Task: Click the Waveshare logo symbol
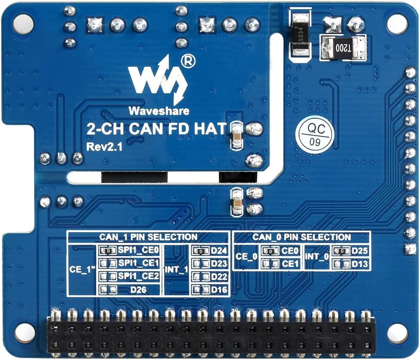tap(158, 80)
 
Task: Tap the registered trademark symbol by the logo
tap(188, 61)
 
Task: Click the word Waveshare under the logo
tap(159, 111)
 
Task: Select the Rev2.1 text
tap(104, 146)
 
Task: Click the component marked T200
tap(343, 48)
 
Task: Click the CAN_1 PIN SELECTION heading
tap(148, 237)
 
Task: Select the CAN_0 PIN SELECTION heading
tap(302, 237)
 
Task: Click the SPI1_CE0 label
tap(139, 250)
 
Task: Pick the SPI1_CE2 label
tap(139, 276)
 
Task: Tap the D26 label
tap(138, 289)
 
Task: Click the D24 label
tap(219, 251)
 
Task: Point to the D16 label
tap(219, 289)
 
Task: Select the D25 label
tap(360, 251)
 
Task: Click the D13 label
tap(360, 264)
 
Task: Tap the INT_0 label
tap(317, 257)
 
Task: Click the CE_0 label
tap(246, 257)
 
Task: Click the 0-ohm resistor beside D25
tap(341, 251)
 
